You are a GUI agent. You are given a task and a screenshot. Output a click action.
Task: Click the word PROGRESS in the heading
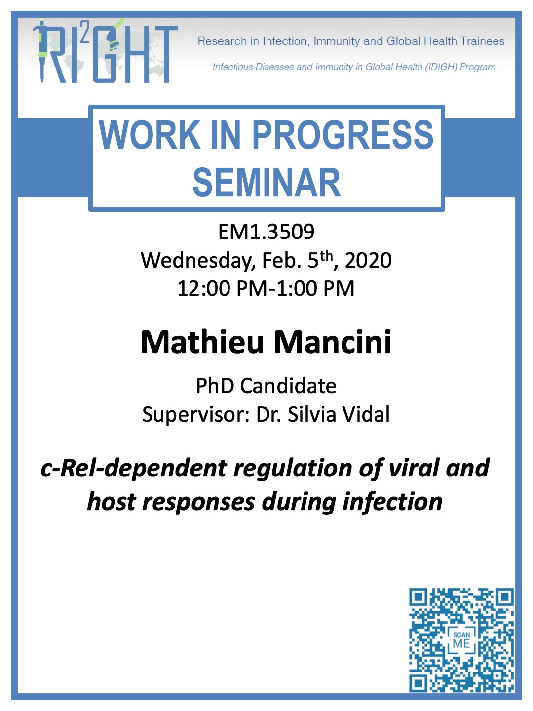(343, 135)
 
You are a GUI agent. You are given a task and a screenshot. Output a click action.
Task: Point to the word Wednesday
(195, 260)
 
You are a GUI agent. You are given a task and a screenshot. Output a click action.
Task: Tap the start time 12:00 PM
(222, 288)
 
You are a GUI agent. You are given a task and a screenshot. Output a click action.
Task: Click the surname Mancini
(333, 342)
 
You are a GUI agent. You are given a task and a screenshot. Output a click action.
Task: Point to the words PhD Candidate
(266, 386)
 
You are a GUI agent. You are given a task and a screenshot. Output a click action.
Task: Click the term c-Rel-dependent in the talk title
(133, 469)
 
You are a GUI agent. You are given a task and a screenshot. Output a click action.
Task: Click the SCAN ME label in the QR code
(461, 641)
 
